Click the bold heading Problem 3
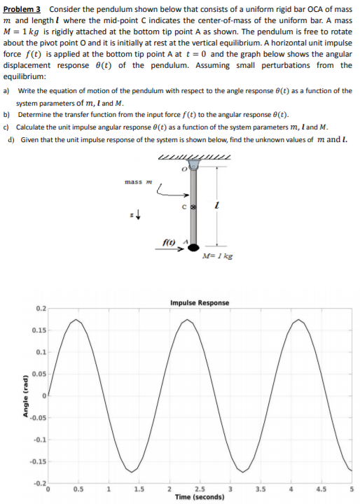pyautogui.click(x=24, y=9)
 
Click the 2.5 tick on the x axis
pyautogui.click(x=200, y=489)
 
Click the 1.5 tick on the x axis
pyautogui.click(x=138, y=489)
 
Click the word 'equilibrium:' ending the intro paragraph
pyautogui.click(x=25, y=76)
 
